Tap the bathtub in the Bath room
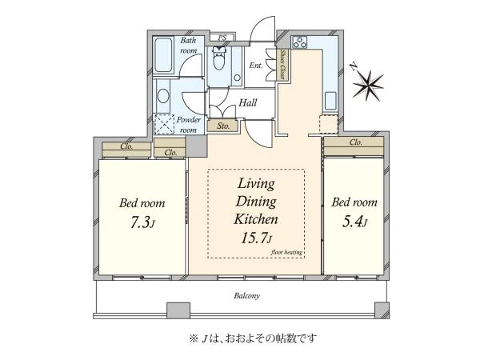click(162, 55)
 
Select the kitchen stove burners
click(300, 42)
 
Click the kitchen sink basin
click(330, 101)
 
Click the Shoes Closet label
click(283, 65)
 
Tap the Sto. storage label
click(223, 126)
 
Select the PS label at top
click(222, 38)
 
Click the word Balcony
click(246, 296)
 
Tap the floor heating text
click(286, 252)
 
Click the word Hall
click(247, 102)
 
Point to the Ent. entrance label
click(256, 66)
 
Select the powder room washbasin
click(163, 96)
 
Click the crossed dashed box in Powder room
click(164, 124)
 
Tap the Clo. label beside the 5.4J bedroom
click(355, 142)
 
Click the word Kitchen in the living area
click(256, 219)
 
